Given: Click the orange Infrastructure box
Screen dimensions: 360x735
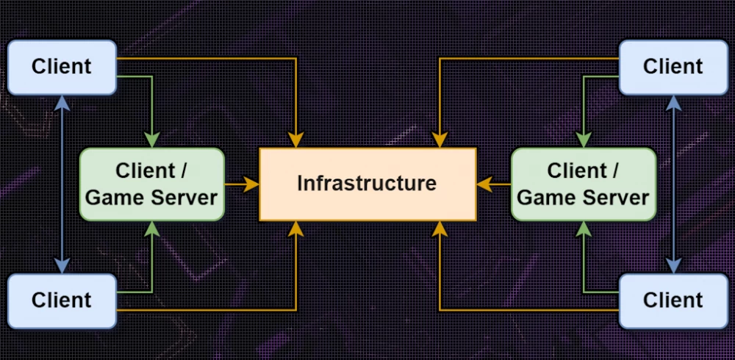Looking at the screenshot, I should (x=367, y=184).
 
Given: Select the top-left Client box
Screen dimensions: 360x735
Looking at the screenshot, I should (x=62, y=68).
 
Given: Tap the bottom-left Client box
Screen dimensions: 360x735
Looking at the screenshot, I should (x=62, y=300).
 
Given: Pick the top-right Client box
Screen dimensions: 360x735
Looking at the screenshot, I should (x=673, y=68).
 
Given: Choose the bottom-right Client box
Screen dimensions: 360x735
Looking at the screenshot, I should (x=673, y=300).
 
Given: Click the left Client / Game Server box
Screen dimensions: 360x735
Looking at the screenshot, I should (x=151, y=184).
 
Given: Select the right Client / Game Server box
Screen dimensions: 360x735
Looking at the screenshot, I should (x=584, y=184).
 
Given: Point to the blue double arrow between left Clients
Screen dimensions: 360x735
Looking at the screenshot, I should (x=62, y=184).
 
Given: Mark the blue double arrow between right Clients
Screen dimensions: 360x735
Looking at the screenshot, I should (x=672, y=184).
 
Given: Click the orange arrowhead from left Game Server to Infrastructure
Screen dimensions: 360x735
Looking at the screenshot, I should (x=251, y=184).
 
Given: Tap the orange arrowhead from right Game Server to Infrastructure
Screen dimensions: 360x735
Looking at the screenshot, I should (x=484, y=184).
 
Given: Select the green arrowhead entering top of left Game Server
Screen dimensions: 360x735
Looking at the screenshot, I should (x=151, y=140).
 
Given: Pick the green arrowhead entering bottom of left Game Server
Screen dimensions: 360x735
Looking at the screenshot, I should (x=151, y=228).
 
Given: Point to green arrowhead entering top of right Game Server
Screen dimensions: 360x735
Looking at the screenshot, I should (x=584, y=140).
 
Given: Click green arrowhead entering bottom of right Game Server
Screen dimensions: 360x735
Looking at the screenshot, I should (x=584, y=228).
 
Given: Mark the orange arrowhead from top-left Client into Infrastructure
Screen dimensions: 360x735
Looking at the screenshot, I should (x=295, y=140).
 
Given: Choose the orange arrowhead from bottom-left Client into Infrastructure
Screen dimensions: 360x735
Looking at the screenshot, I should (x=295, y=228).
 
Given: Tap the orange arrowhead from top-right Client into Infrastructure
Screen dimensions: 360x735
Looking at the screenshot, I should (x=440, y=140).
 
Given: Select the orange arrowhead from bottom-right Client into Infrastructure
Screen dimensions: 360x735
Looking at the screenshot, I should (x=440, y=228).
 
